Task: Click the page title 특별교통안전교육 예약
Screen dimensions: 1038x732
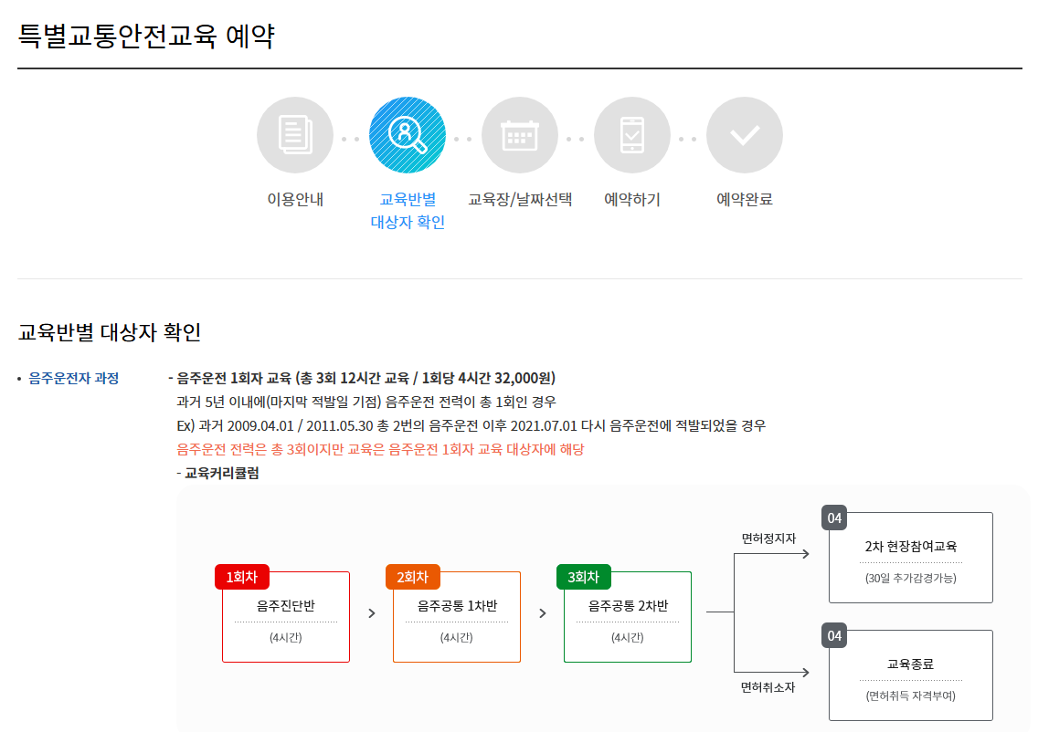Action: click(x=146, y=36)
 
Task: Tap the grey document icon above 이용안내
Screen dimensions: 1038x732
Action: click(x=295, y=135)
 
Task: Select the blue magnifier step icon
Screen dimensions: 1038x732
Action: click(x=408, y=135)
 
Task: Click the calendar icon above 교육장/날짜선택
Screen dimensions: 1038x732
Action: click(x=520, y=135)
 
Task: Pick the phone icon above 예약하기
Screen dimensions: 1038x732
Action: click(x=632, y=135)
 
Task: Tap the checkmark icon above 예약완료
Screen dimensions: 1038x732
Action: click(x=745, y=135)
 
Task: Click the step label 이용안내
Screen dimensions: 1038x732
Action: click(x=295, y=199)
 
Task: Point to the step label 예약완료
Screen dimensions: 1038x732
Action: click(x=745, y=199)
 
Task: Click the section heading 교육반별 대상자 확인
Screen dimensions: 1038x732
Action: click(x=110, y=331)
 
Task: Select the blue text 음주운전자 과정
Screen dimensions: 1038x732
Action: click(x=74, y=378)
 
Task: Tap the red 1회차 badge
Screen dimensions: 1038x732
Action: click(x=242, y=577)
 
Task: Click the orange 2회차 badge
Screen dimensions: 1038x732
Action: click(x=413, y=577)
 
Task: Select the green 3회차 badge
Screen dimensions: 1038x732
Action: click(x=584, y=577)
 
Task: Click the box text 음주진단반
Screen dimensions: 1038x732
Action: click(x=286, y=605)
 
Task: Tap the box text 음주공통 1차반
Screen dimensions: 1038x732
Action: click(x=457, y=605)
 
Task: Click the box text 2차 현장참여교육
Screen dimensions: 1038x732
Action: click(x=911, y=547)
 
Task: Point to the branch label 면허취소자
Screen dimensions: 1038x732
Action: click(x=768, y=687)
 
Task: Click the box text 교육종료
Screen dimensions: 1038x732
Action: click(x=911, y=664)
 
